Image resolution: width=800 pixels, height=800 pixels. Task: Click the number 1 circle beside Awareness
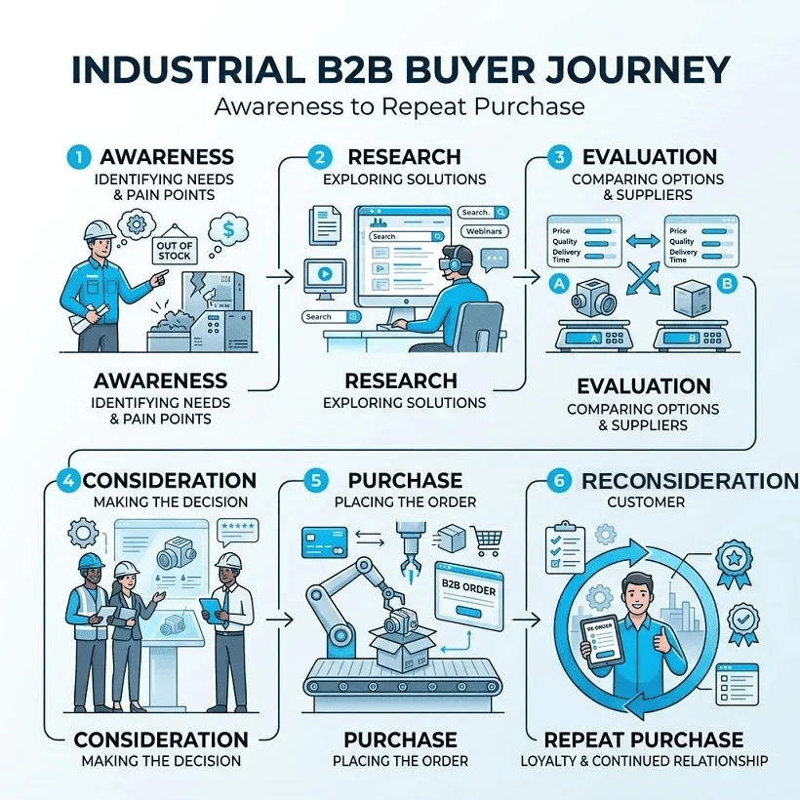point(79,157)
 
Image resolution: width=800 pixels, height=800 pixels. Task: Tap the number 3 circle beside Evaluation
point(559,157)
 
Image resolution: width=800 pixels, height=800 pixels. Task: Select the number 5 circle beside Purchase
point(316,481)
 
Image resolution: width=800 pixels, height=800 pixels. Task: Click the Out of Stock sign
point(175,250)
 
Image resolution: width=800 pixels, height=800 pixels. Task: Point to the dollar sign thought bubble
point(228,229)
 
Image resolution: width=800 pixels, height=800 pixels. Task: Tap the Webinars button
point(484,231)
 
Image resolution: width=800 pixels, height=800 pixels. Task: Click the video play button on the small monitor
point(325,274)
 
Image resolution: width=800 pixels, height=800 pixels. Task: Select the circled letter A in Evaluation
point(559,283)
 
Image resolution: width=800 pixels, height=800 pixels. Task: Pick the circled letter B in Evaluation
point(727,283)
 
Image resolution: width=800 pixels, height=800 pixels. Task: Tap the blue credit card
point(325,542)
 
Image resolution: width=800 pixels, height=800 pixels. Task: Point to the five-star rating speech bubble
point(237,531)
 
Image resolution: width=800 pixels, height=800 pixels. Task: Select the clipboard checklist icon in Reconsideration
point(565,547)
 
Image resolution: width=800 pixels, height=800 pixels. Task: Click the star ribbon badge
point(734,563)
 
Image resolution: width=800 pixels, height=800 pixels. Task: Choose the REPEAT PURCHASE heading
point(644,740)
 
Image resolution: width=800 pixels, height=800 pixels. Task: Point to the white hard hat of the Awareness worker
point(100,229)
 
